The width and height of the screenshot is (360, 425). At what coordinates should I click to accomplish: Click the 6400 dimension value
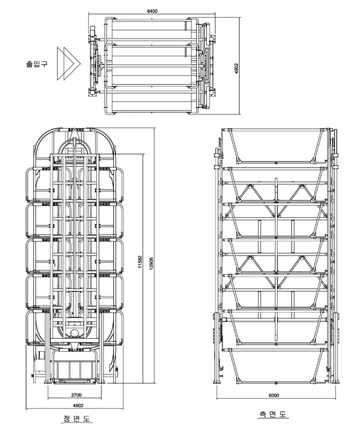coord(152,11)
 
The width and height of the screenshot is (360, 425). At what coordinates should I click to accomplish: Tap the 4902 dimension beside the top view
coord(236,68)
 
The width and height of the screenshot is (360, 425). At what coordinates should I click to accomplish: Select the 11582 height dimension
coord(140,262)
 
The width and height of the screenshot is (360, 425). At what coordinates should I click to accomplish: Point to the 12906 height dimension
coord(151,263)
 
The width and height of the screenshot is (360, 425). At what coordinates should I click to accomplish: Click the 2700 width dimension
coord(77,395)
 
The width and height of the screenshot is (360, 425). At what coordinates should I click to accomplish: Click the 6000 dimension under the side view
coord(274,396)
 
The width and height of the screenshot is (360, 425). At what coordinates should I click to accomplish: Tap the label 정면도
coord(77,418)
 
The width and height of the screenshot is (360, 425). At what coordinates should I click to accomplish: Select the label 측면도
coord(272,414)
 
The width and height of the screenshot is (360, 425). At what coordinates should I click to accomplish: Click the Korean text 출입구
coord(37,64)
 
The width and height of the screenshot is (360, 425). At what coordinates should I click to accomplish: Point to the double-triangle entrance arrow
coord(69,63)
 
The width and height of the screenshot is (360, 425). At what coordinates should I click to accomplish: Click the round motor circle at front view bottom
coord(74,333)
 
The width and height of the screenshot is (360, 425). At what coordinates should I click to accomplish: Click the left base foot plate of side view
coord(217,381)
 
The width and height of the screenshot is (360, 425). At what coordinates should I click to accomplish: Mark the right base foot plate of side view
coord(336,381)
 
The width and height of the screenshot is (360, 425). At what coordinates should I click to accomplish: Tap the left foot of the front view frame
coord(48,382)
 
